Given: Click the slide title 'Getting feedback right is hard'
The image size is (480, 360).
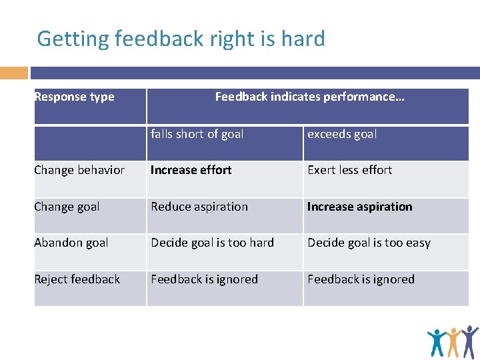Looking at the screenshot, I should click(181, 39).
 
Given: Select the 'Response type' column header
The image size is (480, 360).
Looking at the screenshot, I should click(74, 97).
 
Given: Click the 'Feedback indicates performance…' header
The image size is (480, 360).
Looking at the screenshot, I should click(309, 97).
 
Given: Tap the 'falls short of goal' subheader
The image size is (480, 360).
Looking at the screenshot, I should click(197, 134).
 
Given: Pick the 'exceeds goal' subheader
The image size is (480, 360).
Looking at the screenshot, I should click(342, 134).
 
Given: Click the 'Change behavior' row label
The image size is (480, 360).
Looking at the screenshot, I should click(79, 170).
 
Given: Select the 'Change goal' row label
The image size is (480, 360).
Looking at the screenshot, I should click(67, 207).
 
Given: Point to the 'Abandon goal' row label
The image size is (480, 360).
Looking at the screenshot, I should click(71, 243).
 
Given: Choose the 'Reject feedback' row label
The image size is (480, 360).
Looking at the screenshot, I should click(77, 279).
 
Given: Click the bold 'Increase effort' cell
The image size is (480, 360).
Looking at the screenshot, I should click(191, 170).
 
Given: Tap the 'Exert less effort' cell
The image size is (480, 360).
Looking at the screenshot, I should click(349, 170).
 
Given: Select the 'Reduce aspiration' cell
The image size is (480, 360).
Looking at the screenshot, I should click(199, 207).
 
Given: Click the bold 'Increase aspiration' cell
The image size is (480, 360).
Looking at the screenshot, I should click(359, 207).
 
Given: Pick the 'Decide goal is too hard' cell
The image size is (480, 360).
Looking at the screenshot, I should click(212, 243).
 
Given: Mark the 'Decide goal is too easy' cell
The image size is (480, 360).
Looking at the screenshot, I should click(369, 243).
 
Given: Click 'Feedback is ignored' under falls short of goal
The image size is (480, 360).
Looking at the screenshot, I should click(204, 279).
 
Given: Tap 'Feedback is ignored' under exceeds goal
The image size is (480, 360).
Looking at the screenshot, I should click(361, 279).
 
